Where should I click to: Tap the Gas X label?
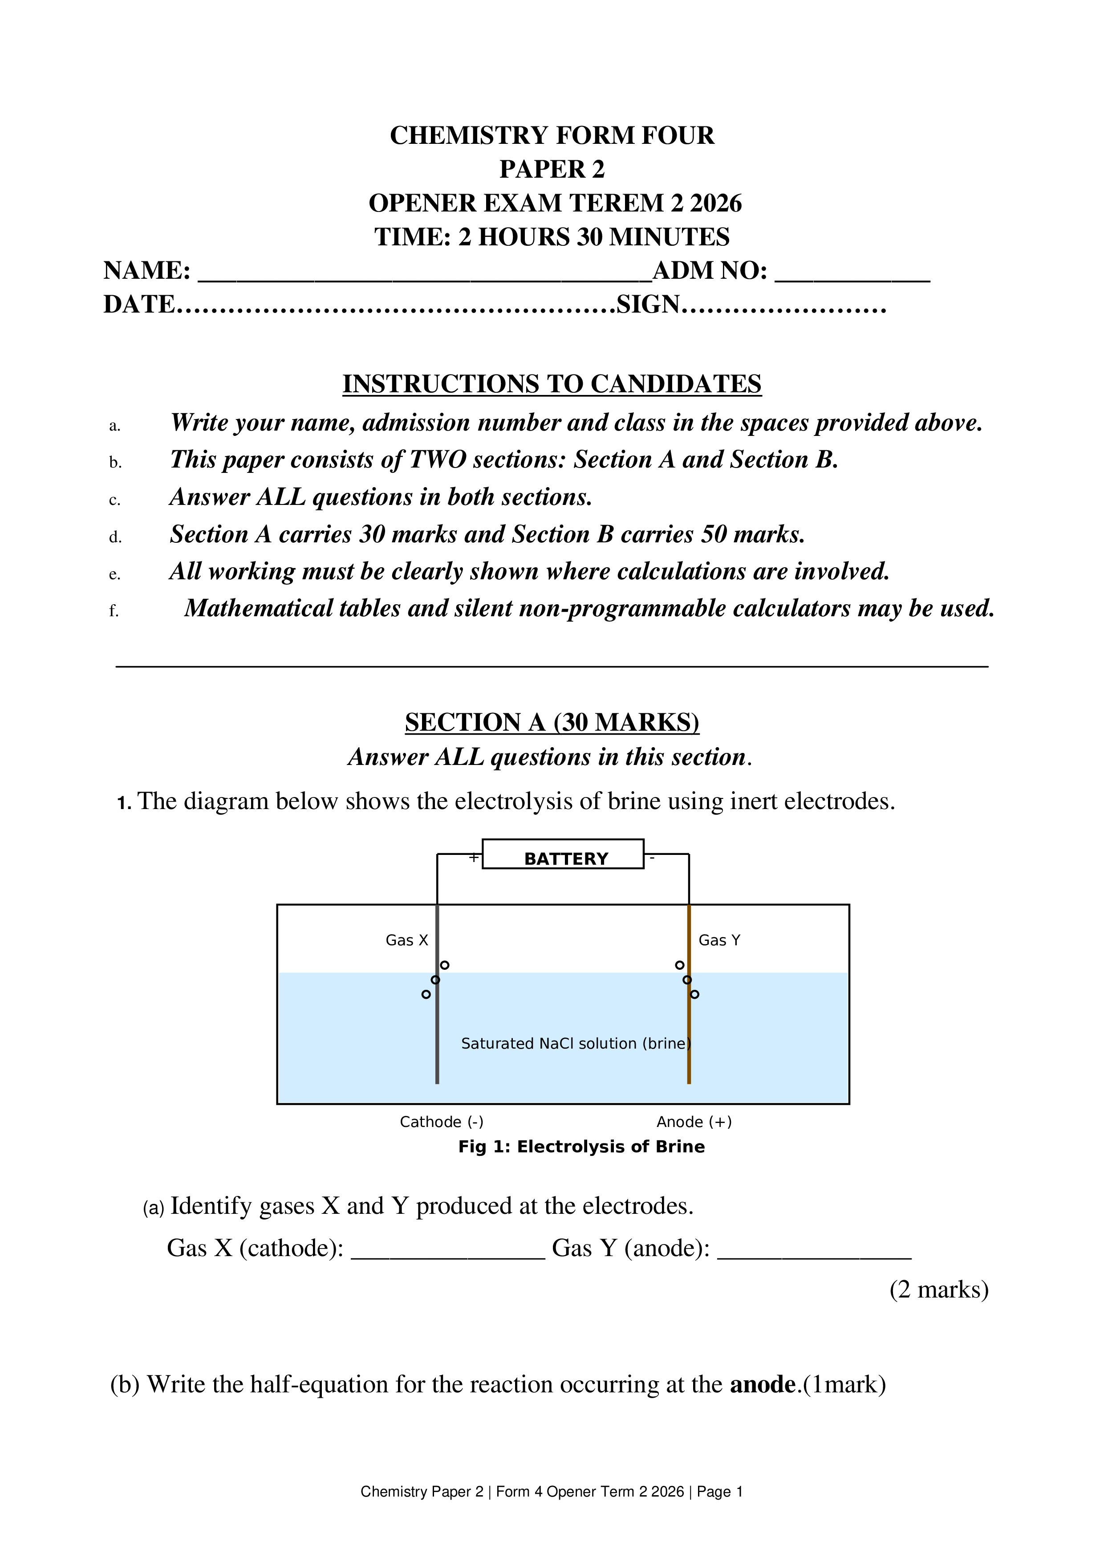coord(407,940)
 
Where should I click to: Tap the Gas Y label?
coord(719,940)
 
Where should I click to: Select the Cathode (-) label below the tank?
coord(442,1122)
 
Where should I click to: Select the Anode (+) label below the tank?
coord(694,1122)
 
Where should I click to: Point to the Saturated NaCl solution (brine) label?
coord(576,1044)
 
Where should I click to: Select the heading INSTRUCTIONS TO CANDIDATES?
coord(552,384)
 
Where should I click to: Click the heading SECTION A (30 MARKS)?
coord(552,722)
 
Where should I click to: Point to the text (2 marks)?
coord(938,1289)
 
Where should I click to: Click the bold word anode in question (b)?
coord(762,1384)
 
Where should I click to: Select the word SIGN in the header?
coord(648,304)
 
